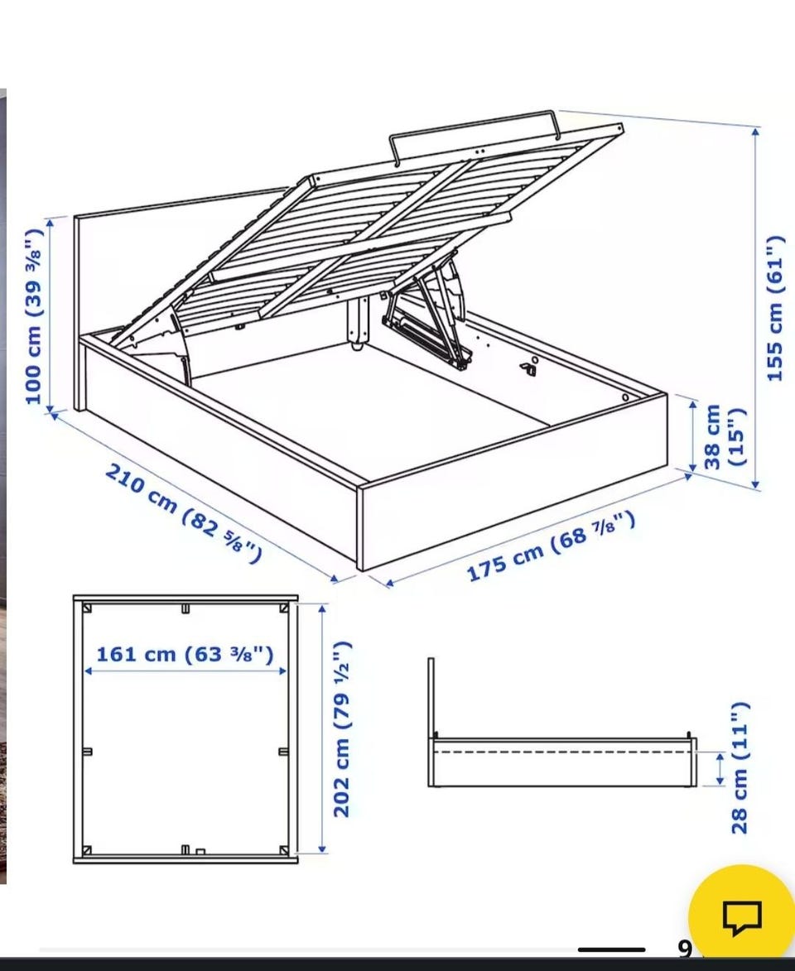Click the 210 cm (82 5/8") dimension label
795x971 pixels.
tap(183, 513)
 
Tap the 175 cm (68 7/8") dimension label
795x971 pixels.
tap(551, 546)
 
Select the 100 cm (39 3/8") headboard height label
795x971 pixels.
tap(34, 316)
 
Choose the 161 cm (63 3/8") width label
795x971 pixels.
tap(185, 654)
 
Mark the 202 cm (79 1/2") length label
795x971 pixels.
tap(343, 728)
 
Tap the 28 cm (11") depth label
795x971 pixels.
tap(740, 768)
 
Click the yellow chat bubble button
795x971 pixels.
tap(742, 916)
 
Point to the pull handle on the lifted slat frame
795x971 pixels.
tap(474, 131)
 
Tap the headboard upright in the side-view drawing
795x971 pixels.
tap(431, 722)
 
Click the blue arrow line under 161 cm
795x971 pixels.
tap(185, 671)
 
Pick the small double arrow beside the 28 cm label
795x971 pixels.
tap(720, 768)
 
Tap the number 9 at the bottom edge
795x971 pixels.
tap(684, 948)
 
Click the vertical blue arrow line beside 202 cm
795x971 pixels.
tap(322, 728)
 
